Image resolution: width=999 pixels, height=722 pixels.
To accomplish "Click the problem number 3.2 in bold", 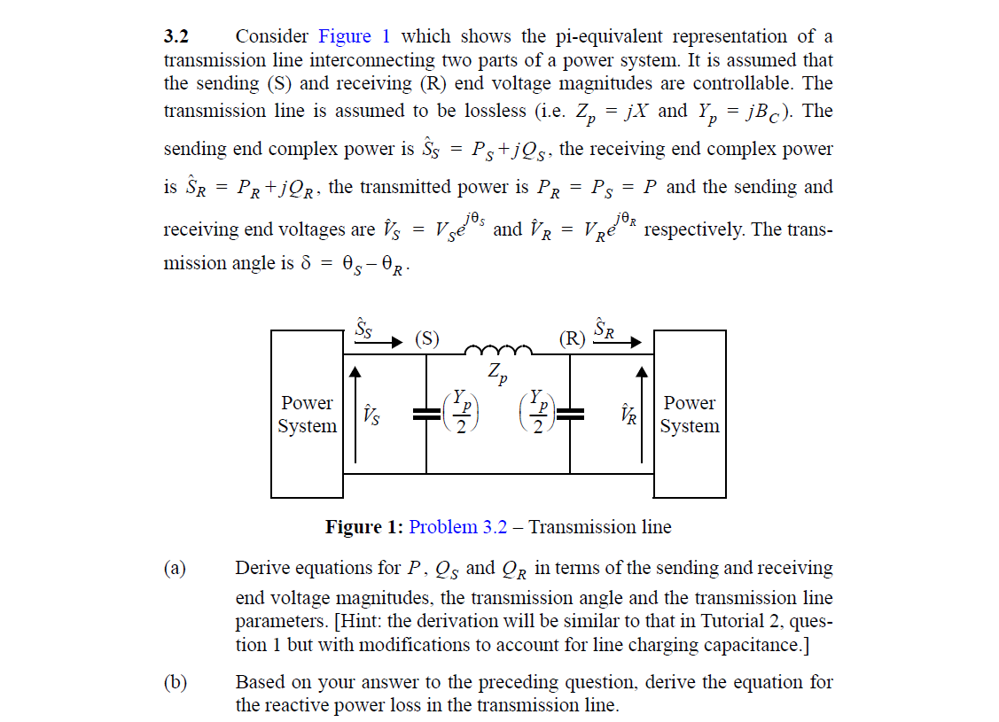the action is (176, 36).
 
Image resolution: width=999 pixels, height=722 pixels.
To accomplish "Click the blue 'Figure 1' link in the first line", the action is (354, 36).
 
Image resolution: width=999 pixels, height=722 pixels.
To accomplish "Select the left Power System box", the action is (307, 414).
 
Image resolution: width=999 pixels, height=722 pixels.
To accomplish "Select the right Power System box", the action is (690, 414).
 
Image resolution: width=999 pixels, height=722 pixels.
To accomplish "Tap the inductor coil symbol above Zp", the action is (498, 349).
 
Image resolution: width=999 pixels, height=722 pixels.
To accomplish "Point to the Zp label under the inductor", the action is (498, 373).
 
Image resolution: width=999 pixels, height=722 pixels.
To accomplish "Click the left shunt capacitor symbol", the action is (427, 413).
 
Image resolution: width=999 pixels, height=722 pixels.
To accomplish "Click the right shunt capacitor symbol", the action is (570, 413).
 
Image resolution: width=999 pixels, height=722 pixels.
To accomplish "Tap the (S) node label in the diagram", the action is (427, 338).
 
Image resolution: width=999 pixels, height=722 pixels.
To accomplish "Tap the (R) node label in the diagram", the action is (572, 338).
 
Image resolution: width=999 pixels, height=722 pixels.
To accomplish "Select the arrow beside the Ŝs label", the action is (392, 341).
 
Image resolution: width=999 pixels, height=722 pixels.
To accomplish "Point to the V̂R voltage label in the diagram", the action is (628, 414).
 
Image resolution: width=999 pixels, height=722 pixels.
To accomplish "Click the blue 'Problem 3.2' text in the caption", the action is (458, 527).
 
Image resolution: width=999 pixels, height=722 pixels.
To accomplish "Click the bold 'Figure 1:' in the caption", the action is (364, 527).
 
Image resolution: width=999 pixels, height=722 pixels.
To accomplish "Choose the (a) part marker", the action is (175, 568).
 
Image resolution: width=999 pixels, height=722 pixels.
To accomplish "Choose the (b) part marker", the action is (175, 682).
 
